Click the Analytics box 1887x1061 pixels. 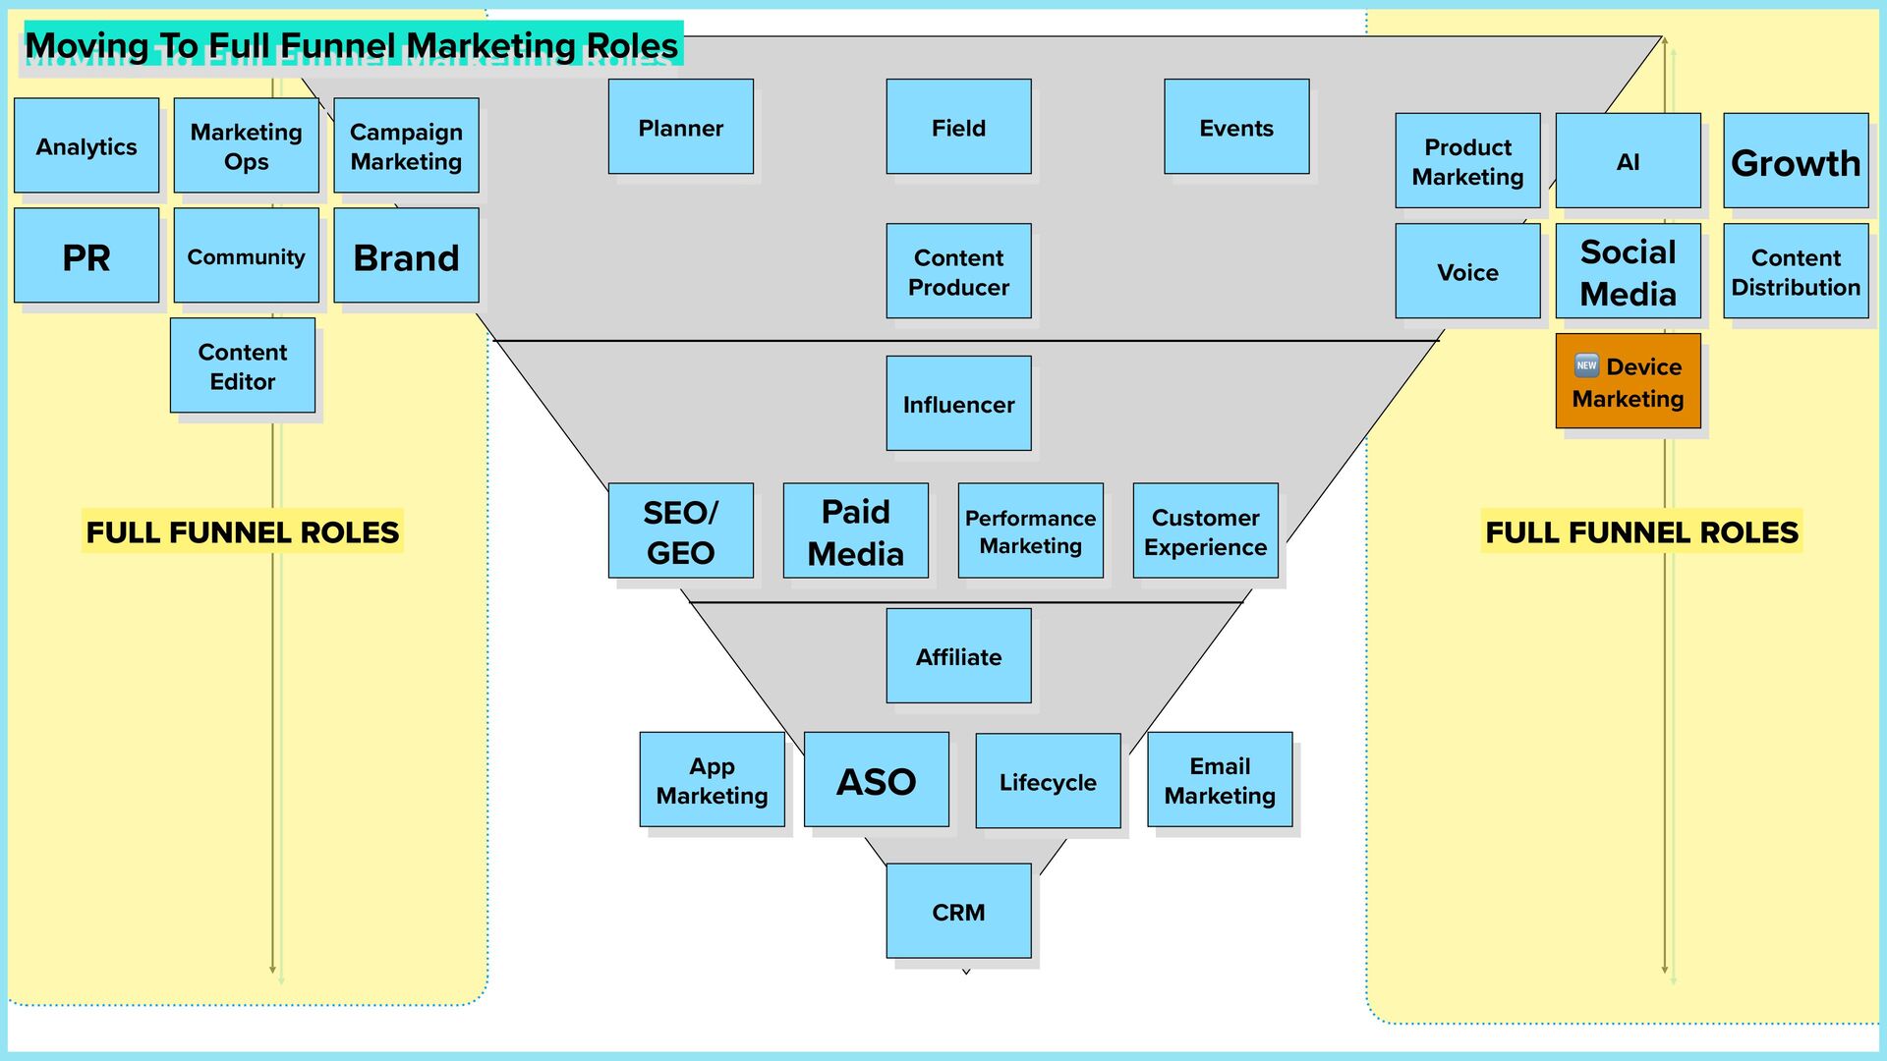[x=86, y=145]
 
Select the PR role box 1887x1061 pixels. [x=86, y=255]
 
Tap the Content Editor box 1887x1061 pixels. [x=243, y=365]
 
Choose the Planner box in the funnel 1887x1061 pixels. [x=681, y=127]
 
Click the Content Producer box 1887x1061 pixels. [x=958, y=271]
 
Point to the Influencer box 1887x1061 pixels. [x=958, y=404]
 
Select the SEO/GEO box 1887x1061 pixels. [x=681, y=530]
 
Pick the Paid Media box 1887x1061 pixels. [x=855, y=530]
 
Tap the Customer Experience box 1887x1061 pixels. [x=1205, y=530]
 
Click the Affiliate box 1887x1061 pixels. [x=958, y=656]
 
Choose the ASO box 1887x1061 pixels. [x=876, y=780]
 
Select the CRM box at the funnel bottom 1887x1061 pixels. [x=958, y=912]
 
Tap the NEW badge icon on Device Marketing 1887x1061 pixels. [x=1586, y=365]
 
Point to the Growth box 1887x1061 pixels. [x=1796, y=161]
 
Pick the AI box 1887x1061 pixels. [x=1628, y=161]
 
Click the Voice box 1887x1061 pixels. [x=1467, y=271]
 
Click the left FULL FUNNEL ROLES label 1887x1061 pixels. [x=243, y=531]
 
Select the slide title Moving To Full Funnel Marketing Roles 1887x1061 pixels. [x=351, y=45]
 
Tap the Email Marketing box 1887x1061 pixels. [x=1220, y=780]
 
